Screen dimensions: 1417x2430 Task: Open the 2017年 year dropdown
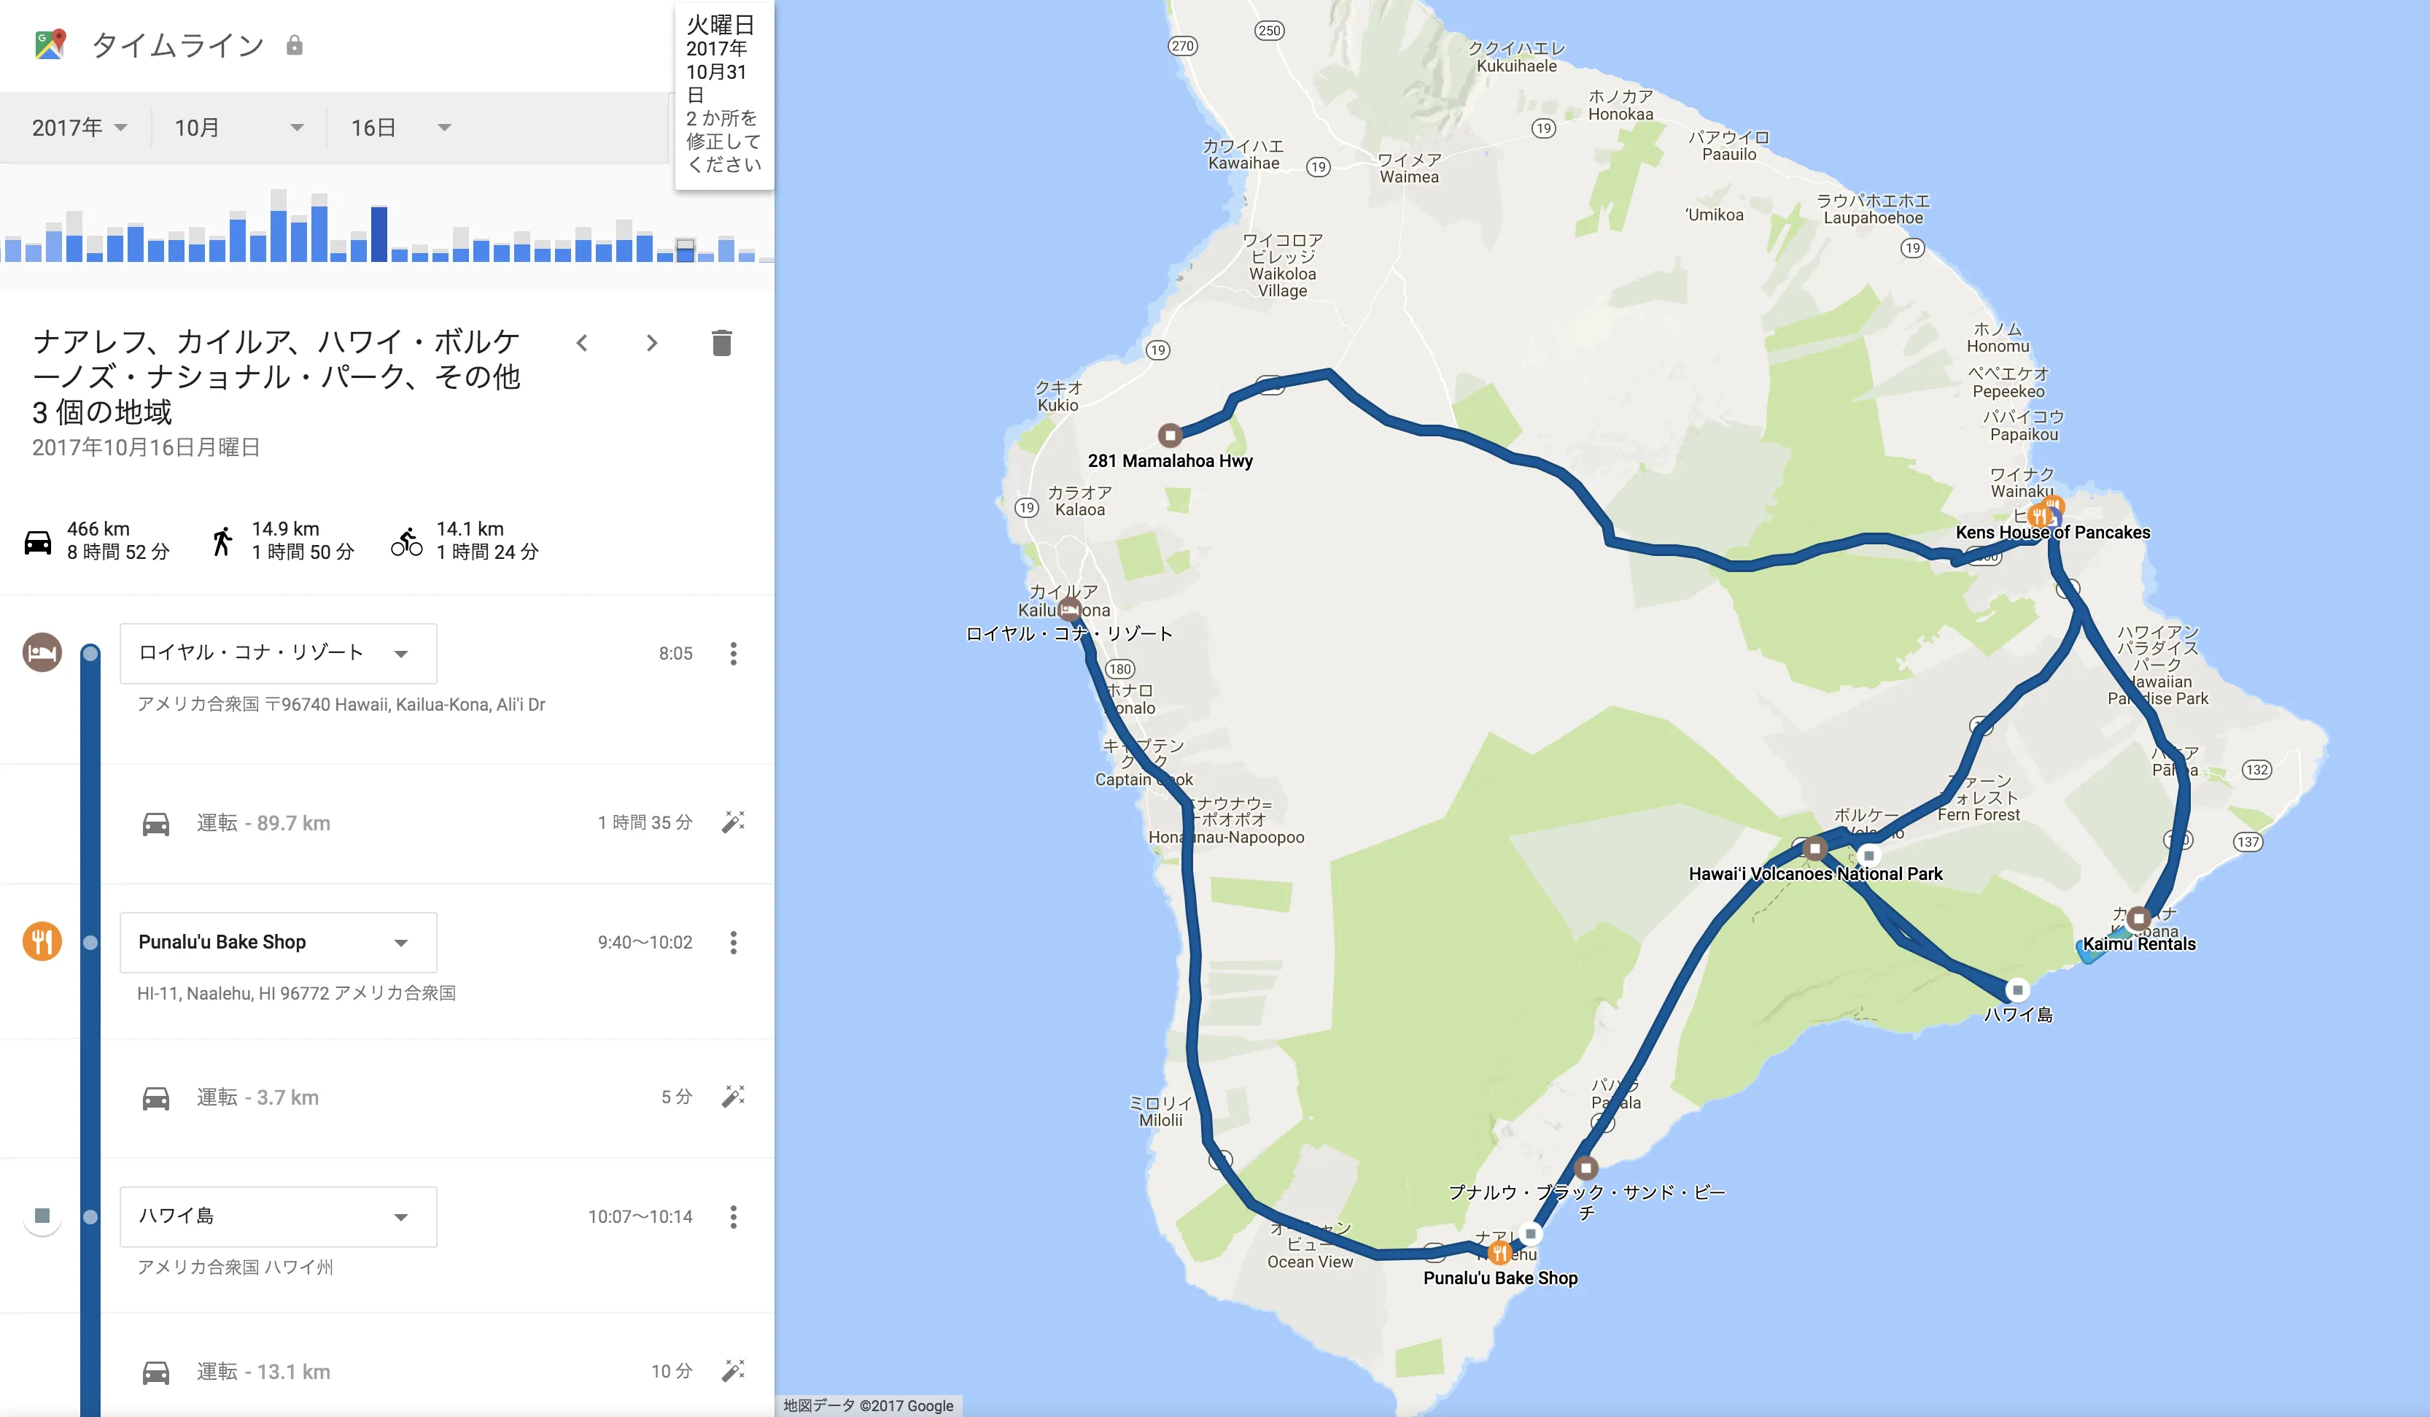(79, 128)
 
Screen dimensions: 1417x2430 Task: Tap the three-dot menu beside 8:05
(734, 653)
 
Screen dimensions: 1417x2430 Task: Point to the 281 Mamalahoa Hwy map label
(1170, 461)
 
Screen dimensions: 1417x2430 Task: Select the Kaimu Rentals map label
(2139, 944)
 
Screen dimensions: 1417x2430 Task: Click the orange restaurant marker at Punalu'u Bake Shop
(1499, 1253)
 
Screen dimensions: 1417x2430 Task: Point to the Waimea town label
(1409, 169)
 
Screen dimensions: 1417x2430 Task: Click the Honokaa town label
(1620, 105)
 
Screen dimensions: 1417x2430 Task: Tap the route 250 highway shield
(1269, 31)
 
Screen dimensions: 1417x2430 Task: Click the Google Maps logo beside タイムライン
(50, 45)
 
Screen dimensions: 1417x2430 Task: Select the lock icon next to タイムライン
(294, 45)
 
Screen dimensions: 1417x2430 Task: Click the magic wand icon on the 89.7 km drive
(733, 822)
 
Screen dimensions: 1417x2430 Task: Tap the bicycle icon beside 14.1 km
(407, 541)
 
